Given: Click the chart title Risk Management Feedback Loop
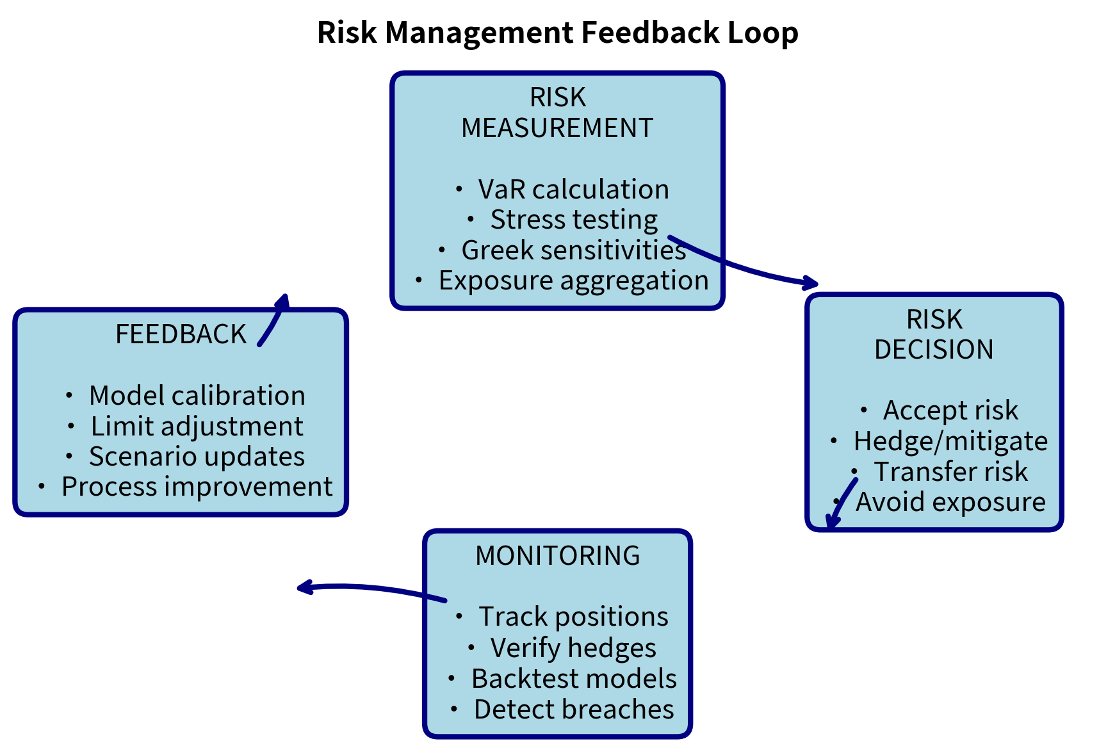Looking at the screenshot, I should [x=557, y=33].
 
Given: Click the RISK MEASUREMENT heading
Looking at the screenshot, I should [x=557, y=113].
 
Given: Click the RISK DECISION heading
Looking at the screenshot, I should [x=934, y=334].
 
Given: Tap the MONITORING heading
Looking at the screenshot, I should [x=557, y=556].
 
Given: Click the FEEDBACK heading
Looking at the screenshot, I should [x=181, y=334].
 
